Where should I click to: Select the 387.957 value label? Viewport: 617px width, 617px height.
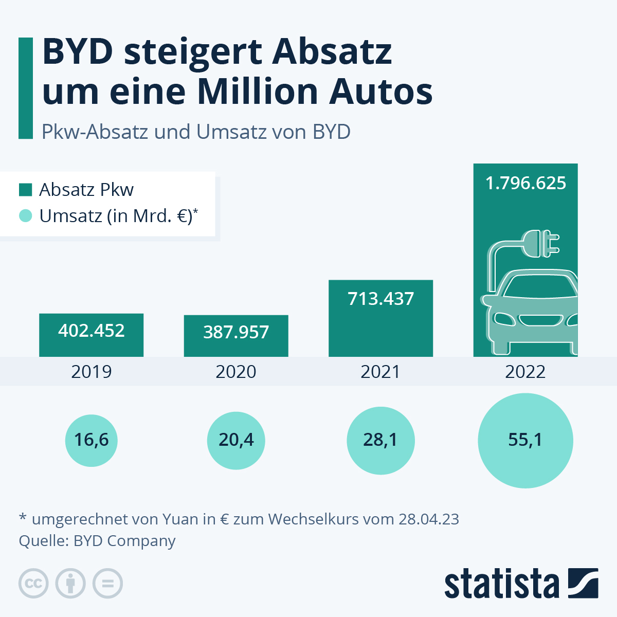click(x=236, y=332)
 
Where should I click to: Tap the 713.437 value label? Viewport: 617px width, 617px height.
click(x=380, y=299)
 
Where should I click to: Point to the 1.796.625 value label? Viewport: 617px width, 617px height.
click(x=525, y=183)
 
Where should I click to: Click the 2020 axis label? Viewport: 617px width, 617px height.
click(x=236, y=372)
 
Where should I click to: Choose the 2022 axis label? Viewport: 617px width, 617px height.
click(x=525, y=372)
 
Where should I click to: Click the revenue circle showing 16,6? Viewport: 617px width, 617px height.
click(x=92, y=441)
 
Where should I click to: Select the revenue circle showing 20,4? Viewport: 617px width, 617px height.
click(x=236, y=441)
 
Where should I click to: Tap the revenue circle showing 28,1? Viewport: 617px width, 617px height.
click(x=380, y=441)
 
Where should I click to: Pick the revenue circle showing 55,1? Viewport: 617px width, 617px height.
click(x=525, y=441)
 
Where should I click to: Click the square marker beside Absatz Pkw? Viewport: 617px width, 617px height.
click(x=25, y=190)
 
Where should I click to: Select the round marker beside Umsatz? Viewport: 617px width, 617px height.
click(x=25, y=216)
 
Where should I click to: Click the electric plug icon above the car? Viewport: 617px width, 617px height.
click(x=540, y=244)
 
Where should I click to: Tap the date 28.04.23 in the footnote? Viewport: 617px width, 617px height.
click(x=429, y=519)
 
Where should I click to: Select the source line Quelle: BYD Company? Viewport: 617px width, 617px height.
click(x=97, y=541)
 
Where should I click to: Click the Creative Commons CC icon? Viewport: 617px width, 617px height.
click(x=33, y=584)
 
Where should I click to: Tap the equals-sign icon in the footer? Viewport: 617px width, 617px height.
click(x=108, y=584)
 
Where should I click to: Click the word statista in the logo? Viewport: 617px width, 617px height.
click(x=501, y=584)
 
